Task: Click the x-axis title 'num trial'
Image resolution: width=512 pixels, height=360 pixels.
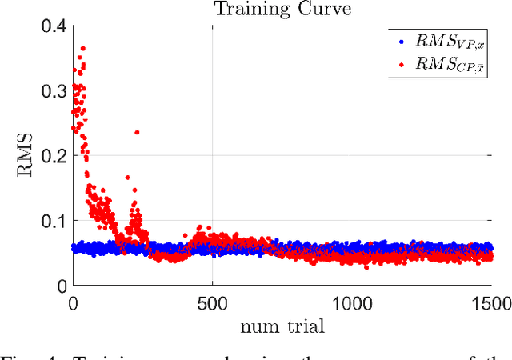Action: pos(282,327)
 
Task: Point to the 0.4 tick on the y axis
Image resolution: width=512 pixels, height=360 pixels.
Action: pos(53,26)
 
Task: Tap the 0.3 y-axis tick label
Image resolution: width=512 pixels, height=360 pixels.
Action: pos(53,91)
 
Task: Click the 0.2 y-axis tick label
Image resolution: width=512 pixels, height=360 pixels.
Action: pos(53,156)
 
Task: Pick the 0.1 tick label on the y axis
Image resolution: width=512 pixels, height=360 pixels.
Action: pos(53,221)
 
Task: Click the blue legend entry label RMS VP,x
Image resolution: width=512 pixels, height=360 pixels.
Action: pos(451,42)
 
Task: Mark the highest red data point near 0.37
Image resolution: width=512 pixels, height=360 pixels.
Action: pos(82,48)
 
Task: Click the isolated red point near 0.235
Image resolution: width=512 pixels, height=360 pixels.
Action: pos(137,132)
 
